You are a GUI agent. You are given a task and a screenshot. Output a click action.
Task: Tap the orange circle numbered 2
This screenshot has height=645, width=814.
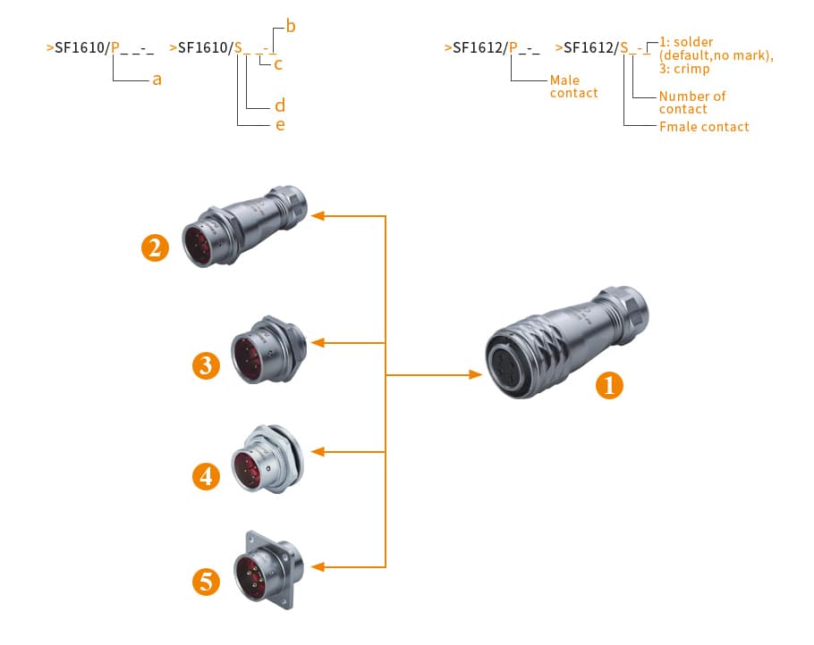click(x=156, y=247)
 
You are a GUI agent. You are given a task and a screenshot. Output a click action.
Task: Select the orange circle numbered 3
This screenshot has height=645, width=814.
click(x=207, y=364)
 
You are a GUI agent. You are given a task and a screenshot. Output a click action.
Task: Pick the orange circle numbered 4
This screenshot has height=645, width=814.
click(x=207, y=475)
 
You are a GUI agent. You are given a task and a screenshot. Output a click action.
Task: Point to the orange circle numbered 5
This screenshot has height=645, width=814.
click(x=207, y=582)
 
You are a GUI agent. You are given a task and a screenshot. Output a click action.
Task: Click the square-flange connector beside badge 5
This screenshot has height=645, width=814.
click(x=267, y=565)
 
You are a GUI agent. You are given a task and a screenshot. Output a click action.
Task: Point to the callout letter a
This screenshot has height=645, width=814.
click(x=157, y=80)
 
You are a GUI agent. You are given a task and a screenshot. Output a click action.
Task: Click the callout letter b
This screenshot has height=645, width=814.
click(x=291, y=27)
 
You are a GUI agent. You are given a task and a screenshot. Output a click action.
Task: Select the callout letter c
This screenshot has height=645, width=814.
click(x=279, y=64)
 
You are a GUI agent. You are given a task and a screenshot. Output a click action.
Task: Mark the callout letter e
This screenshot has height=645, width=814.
click(x=280, y=125)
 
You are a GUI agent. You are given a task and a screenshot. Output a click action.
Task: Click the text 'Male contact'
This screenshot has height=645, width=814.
click(x=573, y=87)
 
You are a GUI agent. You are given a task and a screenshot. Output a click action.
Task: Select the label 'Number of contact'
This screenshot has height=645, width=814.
click(x=691, y=102)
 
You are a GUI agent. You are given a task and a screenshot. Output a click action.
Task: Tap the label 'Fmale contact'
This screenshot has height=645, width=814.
click(x=704, y=127)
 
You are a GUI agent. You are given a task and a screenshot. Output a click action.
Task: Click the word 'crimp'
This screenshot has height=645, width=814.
click(x=693, y=69)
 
